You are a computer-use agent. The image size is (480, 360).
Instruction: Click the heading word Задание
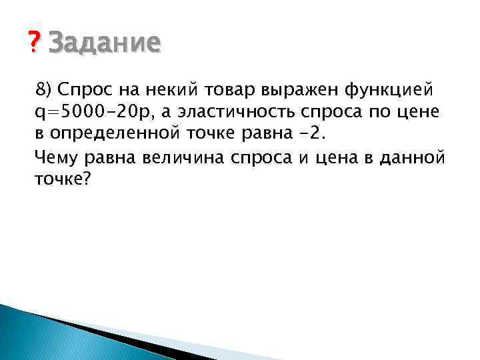point(105,43)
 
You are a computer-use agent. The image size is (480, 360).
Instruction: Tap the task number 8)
point(46,89)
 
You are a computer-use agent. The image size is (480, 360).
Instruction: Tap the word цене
point(417,111)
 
